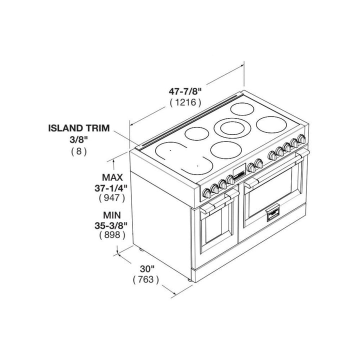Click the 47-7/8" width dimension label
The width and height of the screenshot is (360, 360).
(x=185, y=91)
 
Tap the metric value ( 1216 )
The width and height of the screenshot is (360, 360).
(x=185, y=102)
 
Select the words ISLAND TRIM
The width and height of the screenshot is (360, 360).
(x=79, y=128)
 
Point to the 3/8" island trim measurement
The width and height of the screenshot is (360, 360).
(x=79, y=139)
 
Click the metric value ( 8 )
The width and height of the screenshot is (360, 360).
(x=79, y=151)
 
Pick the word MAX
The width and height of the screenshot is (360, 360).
(x=112, y=177)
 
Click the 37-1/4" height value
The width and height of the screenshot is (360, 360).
(x=111, y=188)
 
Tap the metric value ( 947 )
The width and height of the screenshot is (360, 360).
(x=112, y=198)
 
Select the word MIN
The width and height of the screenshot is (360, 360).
(x=112, y=215)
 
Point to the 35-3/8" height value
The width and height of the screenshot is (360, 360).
(x=111, y=225)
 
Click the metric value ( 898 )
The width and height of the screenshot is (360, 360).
(x=112, y=235)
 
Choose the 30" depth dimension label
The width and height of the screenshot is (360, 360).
(x=147, y=268)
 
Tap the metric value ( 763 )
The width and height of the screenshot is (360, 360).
(x=146, y=279)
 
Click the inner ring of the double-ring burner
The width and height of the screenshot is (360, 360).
(x=232, y=128)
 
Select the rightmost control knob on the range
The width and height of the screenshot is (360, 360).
(x=301, y=138)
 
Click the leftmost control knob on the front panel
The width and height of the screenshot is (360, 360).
(x=207, y=193)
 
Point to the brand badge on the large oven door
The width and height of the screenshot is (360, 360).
(x=273, y=212)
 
